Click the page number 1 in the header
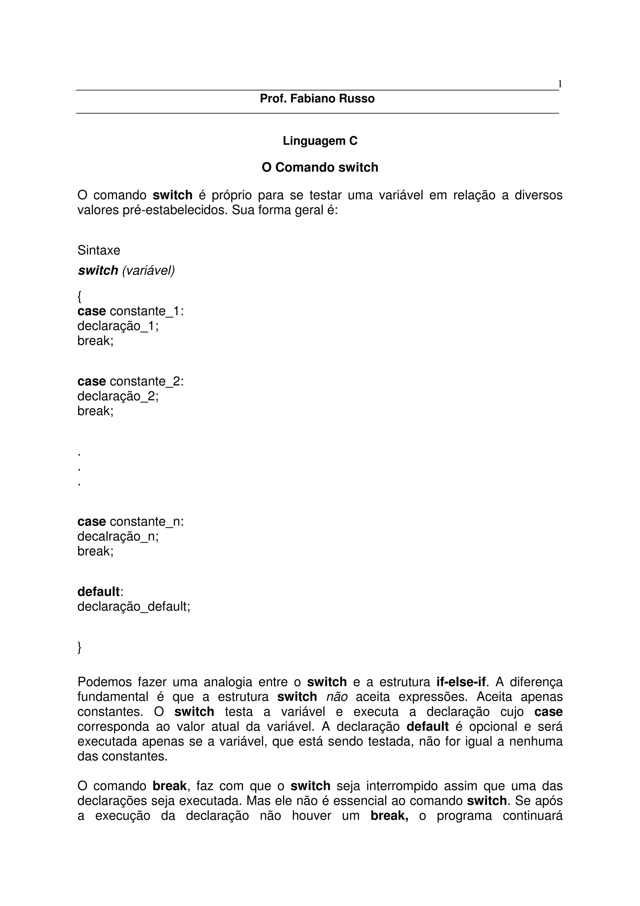(x=560, y=84)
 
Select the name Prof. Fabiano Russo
(x=317, y=99)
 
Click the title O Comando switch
(x=320, y=167)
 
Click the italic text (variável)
(x=148, y=270)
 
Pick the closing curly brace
(x=80, y=647)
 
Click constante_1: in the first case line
(x=147, y=311)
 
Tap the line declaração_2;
(x=118, y=396)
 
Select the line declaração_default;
(x=134, y=607)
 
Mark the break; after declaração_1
(x=95, y=340)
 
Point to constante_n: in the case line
(x=147, y=522)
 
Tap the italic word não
(x=337, y=697)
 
